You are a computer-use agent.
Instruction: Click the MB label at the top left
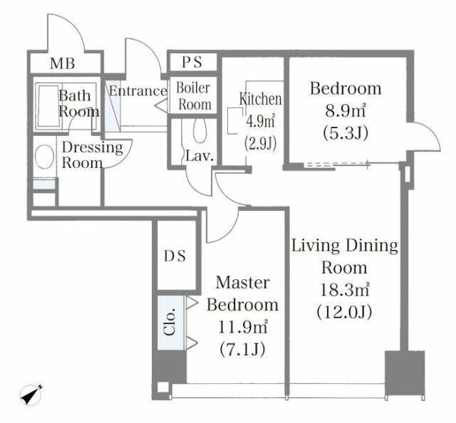(x=62, y=63)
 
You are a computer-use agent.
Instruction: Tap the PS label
(x=192, y=62)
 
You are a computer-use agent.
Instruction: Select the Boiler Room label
(x=194, y=96)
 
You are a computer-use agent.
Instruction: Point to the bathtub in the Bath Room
(x=48, y=106)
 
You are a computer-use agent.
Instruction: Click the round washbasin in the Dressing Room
(x=44, y=157)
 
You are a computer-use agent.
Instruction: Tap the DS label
(x=175, y=256)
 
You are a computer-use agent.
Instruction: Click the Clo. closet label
(x=170, y=322)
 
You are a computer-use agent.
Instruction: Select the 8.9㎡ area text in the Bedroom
(x=345, y=111)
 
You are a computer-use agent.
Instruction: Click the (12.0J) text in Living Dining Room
(x=344, y=312)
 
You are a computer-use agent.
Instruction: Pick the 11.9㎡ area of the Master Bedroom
(x=242, y=328)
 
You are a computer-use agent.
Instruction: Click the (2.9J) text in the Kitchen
(x=260, y=143)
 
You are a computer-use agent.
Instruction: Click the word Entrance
(x=138, y=91)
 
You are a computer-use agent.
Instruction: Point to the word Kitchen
(x=261, y=99)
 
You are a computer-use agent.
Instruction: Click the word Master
(x=242, y=283)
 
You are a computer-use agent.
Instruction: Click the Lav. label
(x=199, y=156)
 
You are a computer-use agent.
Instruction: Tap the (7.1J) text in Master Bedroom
(x=242, y=349)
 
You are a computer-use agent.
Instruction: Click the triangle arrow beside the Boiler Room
(x=161, y=105)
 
